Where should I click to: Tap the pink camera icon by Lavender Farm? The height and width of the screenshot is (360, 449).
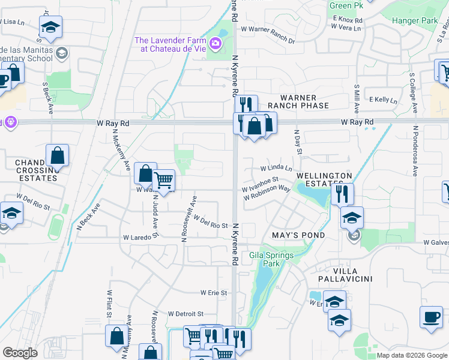click(x=215, y=44)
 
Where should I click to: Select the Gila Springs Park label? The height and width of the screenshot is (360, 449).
click(x=271, y=259)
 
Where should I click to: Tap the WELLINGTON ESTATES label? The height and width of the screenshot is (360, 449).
click(x=324, y=180)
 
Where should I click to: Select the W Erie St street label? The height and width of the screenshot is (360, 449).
click(x=214, y=293)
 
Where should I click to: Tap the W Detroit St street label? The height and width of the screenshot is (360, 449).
click(x=186, y=314)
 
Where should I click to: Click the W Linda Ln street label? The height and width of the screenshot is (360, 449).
click(x=276, y=169)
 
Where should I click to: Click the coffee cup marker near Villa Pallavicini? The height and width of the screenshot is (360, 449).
click(x=431, y=317)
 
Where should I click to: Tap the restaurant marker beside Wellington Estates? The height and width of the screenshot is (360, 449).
click(x=342, y=194)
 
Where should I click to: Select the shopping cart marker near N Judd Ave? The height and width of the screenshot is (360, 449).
click(x=163, y=179)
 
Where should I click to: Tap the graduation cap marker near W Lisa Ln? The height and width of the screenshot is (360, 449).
click(x=50, y=26)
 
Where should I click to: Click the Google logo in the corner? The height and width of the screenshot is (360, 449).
click(x=20, y=353)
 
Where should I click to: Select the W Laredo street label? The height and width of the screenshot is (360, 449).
click(x=137, y=238)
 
